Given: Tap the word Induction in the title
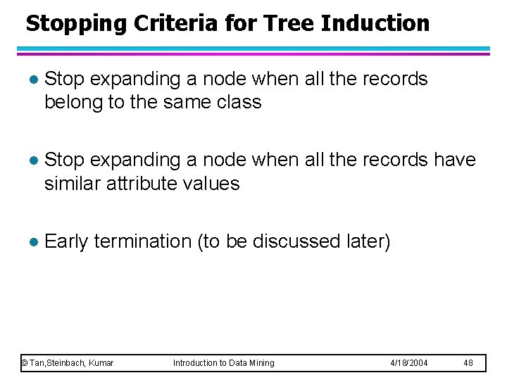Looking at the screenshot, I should pyautogui.click(x=375, y=23).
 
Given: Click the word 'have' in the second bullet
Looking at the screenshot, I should pyautogui.click(x=454, y=160).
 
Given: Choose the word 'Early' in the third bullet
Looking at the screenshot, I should pyautogui.click(x=66, y=241).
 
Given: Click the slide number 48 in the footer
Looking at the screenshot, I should pyautogui.click(x=468, y=363).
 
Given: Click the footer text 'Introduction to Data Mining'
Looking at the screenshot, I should pyautogui.click(x=224, y=363).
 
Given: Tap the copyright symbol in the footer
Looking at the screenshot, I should pyautogui.click(x=24, y=363).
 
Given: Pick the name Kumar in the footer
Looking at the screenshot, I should pyautogui.click(x=101, y=363).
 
